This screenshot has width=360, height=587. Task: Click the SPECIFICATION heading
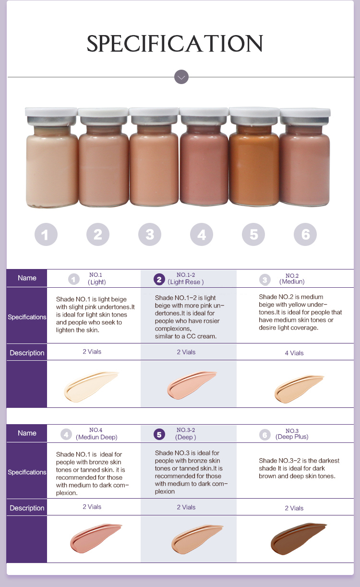tap(175, 44)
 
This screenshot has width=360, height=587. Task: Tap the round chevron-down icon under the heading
tap(181, 77)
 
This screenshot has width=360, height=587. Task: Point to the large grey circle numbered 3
tap(150, 234)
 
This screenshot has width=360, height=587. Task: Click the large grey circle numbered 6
tap(305, 234)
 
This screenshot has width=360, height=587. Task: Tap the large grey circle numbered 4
tap(202, 234)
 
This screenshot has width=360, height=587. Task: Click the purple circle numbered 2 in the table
tap(159, 279)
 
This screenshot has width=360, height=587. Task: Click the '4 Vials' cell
tap(294, 353)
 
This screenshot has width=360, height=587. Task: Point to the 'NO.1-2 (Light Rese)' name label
tap(186, 279)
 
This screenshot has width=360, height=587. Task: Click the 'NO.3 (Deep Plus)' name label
tap(292, 434)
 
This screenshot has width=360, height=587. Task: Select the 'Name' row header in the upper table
tap(27, 278)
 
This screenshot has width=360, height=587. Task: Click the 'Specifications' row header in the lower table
tap(27, 472)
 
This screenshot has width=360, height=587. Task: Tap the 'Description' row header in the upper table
tap(27, 353)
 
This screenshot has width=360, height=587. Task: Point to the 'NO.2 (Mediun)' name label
tap(292, 279)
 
